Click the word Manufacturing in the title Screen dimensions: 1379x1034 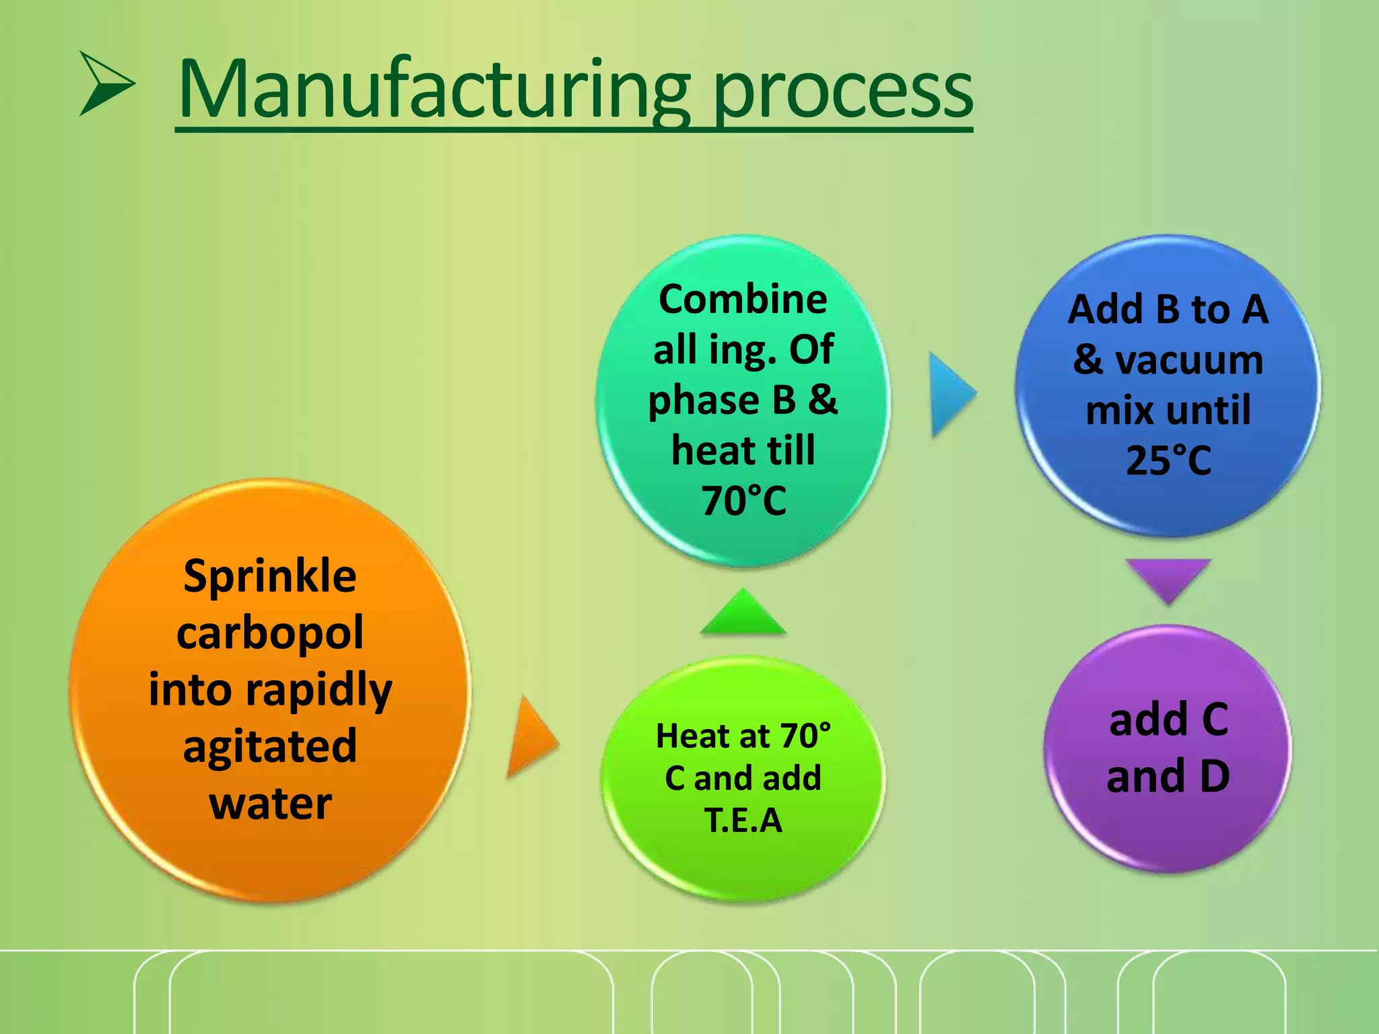click(x=435, y=91)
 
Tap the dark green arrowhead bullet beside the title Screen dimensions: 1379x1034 click(x=107, y=83)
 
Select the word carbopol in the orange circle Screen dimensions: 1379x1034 click(x=270, y=633)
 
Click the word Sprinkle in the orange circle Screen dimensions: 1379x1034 click(x=270, y=576)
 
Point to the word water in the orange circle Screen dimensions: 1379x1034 click(x=271, y=804)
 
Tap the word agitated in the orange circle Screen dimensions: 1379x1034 click(x=270, y=747)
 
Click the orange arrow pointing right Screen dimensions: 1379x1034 click(x=533, y=736)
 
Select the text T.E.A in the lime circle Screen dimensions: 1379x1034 click(x=743, y=820)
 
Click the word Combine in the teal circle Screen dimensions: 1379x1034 click(x=743, y=299)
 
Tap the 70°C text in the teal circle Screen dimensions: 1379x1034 click(x=744, y=501)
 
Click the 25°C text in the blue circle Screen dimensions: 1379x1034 click(x=1169, y=460)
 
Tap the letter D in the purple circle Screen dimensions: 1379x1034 click(x=1215, y=776)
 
